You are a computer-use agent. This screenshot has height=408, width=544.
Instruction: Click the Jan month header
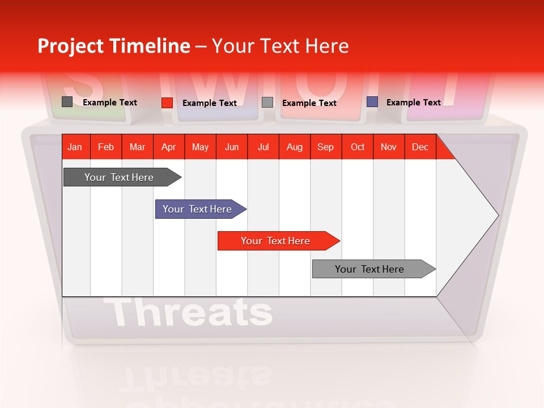tap(75, 147)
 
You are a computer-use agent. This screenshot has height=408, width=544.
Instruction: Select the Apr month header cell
tap(169, 147)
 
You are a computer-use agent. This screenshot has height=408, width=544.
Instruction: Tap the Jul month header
tap(263, 147)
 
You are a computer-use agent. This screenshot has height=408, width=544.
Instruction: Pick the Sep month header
tap(325, 147)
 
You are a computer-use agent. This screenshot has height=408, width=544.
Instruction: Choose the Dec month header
tap(420, 147)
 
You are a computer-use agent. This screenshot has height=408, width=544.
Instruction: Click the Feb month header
tap(106, 147)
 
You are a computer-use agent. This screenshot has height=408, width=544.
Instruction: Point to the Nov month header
tap(389, 147)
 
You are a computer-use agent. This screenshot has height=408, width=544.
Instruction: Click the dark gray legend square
tap(67, 102)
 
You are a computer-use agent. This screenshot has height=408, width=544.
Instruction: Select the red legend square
tap(167, 103)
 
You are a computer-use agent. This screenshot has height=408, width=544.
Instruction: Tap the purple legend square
tap(372, 102)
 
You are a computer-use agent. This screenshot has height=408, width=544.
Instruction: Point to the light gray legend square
tap(267, 103)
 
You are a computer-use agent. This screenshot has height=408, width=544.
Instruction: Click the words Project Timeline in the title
tap(113, 46)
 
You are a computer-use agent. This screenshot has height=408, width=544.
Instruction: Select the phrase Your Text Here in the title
tap(280, 46)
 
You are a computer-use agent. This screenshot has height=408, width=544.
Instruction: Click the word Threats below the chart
tap(188, 312)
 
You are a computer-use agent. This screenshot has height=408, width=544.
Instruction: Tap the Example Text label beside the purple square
tap(413, 103)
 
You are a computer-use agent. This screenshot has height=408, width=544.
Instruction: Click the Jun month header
tap(232, 147)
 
